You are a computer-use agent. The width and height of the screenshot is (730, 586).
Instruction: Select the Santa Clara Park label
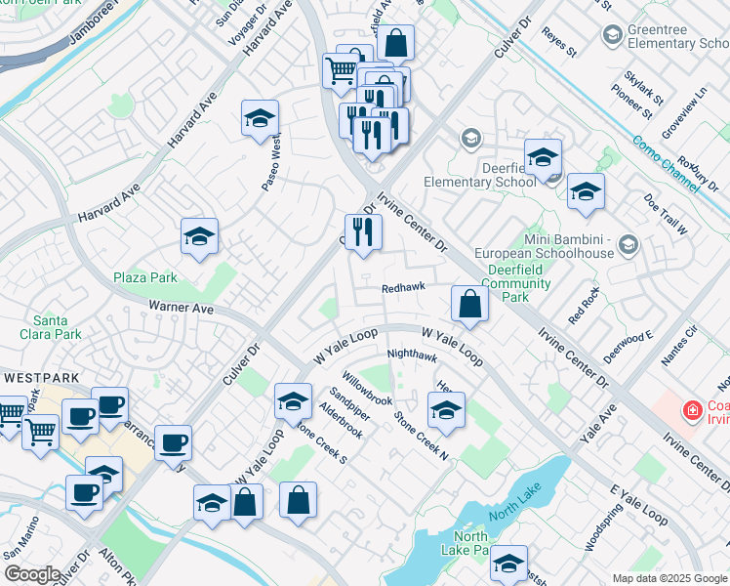tap(57, 327)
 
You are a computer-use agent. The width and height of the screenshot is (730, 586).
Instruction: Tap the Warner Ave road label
tap(181, 308)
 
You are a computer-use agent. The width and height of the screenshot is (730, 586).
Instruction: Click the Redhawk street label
tap(402, 288)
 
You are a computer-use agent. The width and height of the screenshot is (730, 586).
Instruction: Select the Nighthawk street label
tap(411, 356)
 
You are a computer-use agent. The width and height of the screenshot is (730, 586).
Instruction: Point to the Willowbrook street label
tap(366, 388)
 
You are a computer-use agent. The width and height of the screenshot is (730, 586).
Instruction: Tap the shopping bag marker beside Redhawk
tap(469, 303)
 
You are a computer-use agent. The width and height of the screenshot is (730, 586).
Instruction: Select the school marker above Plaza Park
tap(199, 236)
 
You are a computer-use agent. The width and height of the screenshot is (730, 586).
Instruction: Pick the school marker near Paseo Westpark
tap(261, 119)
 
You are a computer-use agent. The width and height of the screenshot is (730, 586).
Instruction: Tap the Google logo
tap(31, 573)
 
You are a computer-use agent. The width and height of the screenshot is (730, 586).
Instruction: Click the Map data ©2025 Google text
tap(669, 578)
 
